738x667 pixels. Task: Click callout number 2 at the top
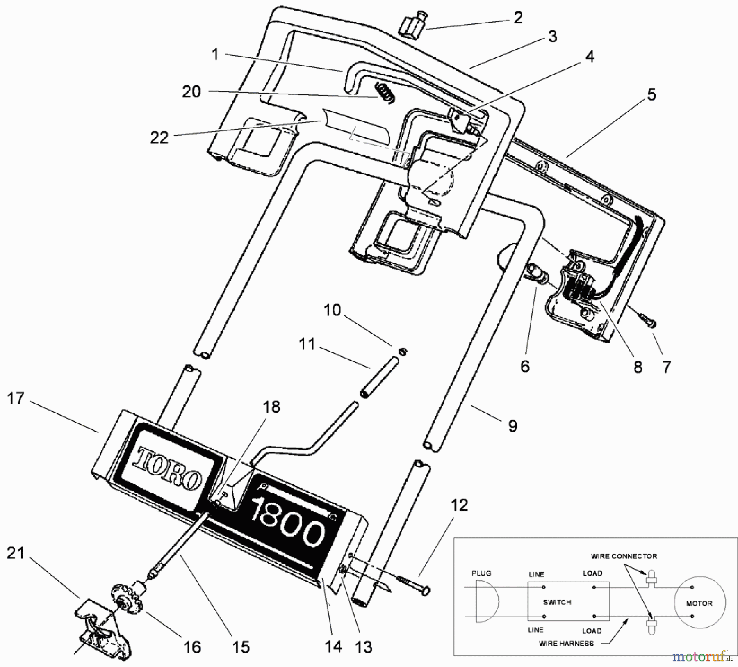pos(518,18)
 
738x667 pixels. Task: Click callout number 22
pos(159,138)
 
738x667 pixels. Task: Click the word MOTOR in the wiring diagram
pos(699,603)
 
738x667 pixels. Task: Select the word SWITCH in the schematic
pos(557,602)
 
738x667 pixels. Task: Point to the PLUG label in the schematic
pos(481,573)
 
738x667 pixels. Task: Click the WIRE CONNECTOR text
pos(624,556)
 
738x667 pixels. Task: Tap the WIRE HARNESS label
pos(566,643)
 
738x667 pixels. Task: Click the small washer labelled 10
pos(403,351)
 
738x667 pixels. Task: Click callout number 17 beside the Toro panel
pos(16,398)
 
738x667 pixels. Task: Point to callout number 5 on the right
pos(651,94)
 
